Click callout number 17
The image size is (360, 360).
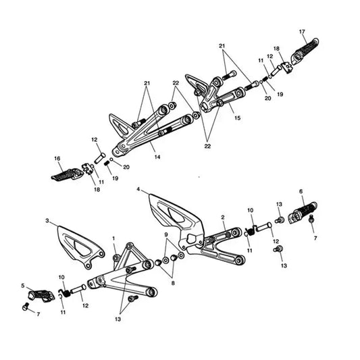tap(302, 32)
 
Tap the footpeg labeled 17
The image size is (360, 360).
tap(305, 51)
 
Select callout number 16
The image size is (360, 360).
tap(57, 159)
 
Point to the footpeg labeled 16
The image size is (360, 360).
tap(68, 175)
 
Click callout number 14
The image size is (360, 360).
tap(157, 157)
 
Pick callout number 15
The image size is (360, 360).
tap(237, 118)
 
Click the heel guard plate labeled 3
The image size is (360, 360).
tap(81, 247)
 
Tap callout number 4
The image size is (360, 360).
tap(138, 189)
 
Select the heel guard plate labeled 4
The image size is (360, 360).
tap(176, 222)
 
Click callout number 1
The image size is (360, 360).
tap(113, 238)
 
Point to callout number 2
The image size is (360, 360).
tap(223, 217)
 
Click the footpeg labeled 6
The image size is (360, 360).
tap(303, 213)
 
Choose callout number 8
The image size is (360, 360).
tap(173, 283)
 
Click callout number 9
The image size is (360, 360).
tap(166, 234)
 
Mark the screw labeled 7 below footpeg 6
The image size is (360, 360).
tap(311, 218)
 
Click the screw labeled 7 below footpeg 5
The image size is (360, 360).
tap(26, 307)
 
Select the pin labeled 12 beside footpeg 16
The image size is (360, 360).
tap(100, 158)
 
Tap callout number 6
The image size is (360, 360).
tap(301, 191)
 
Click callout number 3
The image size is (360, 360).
tap(47, 221)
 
